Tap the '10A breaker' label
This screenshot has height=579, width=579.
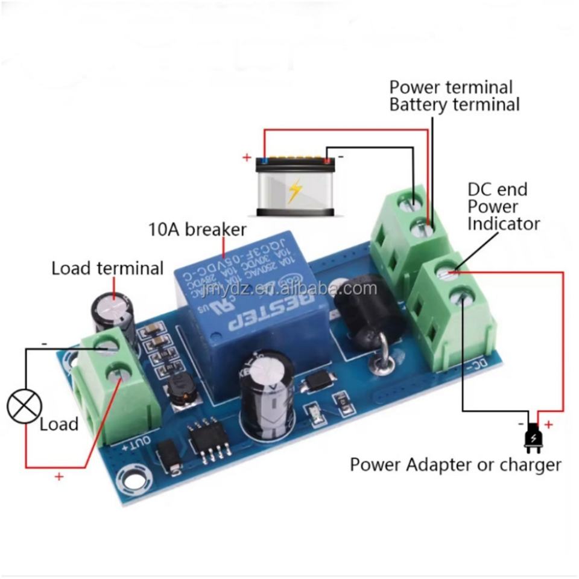pyautogui.click(x=197, y=230)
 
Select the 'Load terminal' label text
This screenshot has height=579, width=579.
pyautogui.click(x=107, y=268)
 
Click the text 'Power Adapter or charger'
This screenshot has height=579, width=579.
pyautogui.click(x=455, y=465)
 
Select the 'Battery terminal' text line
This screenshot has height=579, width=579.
pyautogui.click(x=454, y=104)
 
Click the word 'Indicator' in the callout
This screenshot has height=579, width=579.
pyautogui.click(x=504, y=224)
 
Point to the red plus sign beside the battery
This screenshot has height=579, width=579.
pyautogui.click(x=247, y=158)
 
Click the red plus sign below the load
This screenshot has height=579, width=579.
pyautogui.click(x=59, y=476)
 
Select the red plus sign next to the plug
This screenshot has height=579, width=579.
pyautogui.click(x=549, y=424)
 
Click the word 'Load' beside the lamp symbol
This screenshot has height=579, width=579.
pyautogui.click(x=59, y=424)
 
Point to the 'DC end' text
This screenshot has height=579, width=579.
pyautogui.click(x=498, y=189)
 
